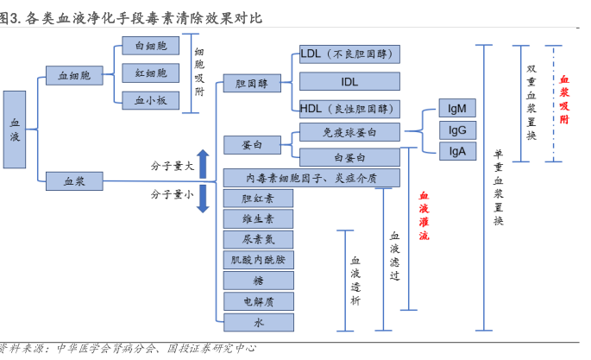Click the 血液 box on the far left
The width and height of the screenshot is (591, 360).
(x=16, y=129)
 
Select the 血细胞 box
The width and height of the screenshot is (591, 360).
(x=74, y=76)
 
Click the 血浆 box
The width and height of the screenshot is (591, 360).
(x=74, y=180)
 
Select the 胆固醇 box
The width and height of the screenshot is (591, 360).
(x=251, y=84)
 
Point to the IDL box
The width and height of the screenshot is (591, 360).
(x=349, y=82)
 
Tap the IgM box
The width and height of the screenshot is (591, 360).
(x=456, y=109)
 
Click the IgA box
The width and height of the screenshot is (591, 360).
(x=456, y=150)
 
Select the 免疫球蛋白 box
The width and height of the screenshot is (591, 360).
(x=349, y=132)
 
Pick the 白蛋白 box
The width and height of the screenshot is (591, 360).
(x=349, y=157)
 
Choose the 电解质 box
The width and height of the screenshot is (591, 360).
(x=258, y=301)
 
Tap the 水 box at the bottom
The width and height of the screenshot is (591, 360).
(x=258, y=322)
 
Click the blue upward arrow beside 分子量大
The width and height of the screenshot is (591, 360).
(x=203, y=162)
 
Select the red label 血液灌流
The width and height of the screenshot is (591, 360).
(x=424, y=215)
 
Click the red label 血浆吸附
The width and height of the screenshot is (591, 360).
(x=565, y=99)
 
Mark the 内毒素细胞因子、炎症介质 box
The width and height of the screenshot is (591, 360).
(x=311, y=178)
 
